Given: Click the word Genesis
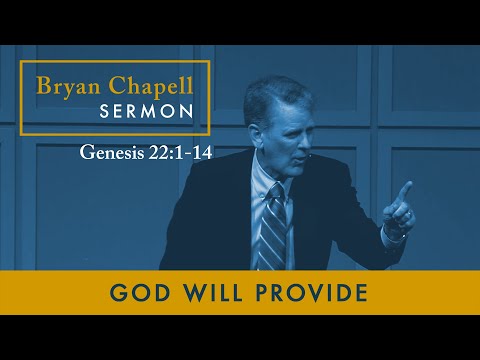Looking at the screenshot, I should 111,157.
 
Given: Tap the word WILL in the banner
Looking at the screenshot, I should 207,294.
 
